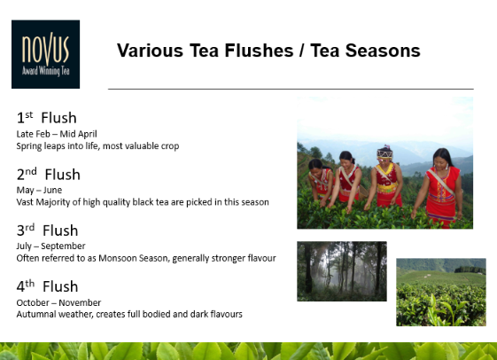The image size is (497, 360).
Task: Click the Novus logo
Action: click(46, 54)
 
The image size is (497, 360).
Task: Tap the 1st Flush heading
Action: click(47, 118)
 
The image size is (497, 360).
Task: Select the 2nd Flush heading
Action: click(49, 174)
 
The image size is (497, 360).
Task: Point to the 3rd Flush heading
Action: click(47, 231)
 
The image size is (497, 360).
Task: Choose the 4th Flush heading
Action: click(47, 286)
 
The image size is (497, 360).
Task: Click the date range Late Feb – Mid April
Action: click(57, 134)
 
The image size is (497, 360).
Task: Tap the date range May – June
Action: click(39, 190)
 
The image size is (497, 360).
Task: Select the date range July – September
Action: click(51, 247)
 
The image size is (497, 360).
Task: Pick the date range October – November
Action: click(58, 302)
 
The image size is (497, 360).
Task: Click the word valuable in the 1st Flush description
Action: click(142, 146)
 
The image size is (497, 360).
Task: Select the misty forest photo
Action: click(342, 271)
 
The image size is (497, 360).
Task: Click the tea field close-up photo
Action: click(441, 292)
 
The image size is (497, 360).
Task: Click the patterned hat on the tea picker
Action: click(384, 153)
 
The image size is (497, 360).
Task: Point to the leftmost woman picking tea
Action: click(321, 181)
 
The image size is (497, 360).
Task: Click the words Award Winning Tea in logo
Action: click(46, 71)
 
